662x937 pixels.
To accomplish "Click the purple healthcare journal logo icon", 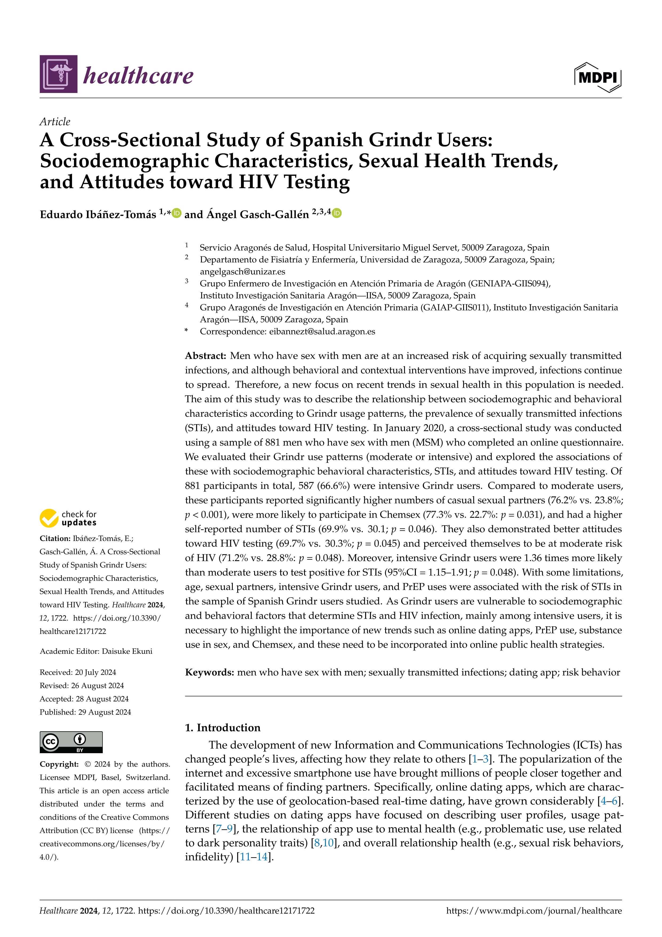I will pos(59,74).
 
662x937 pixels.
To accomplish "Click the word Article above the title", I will pos(55,122).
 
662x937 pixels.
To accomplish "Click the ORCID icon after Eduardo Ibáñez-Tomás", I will pos(176,213).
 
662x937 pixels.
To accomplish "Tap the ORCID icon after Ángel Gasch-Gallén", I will pos(337,213).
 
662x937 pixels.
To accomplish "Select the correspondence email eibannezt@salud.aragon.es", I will pos(322,331).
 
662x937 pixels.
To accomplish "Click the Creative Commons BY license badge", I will pos(71,742).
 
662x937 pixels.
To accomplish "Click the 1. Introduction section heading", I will pos(223,728).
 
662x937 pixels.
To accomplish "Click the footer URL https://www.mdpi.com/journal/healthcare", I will pos(534,911).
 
